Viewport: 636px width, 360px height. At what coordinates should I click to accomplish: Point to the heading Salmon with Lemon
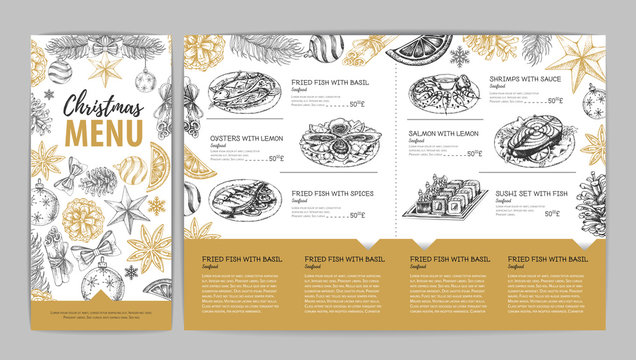(x=519, y=132)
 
